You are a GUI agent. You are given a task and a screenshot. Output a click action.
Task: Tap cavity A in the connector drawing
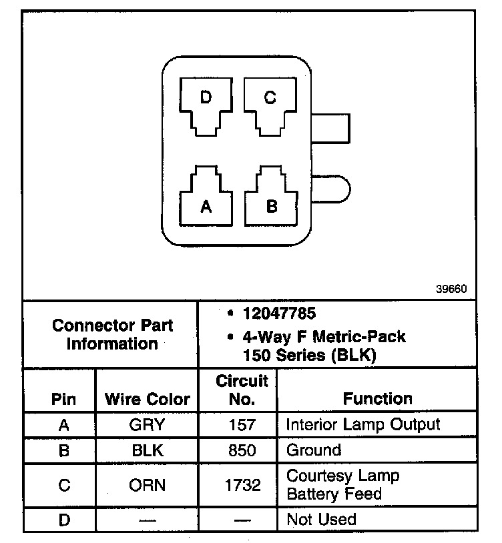pyautogui.click(x=206, y=201)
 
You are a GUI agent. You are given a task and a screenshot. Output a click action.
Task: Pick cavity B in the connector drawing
pyautogui.click(x=271, y=199)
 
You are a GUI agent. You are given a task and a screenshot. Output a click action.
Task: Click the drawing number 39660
pyautogui.click(x=451, y=290)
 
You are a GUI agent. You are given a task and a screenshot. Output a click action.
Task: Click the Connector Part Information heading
pyautogui.click(x=112, y=334)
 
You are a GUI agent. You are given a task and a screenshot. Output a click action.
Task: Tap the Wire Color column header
pyautogui.click(x=148, y=400)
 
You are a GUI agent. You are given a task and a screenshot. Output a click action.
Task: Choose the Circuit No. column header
pyautogui.click(x=242, y=390)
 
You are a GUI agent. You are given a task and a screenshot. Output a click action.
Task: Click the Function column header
pyautogui.click(x=377, y=399)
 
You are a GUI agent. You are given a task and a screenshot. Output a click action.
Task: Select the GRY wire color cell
pyautogui.click(x=147, y=425)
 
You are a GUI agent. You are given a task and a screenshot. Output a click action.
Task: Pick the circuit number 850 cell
pyautogui.click(x=242, y=450)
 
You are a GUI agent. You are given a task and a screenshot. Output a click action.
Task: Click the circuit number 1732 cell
pyautogui.click(x=242, y=485)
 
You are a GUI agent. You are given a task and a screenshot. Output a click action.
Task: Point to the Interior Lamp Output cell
pyautogui.click(x=363, y=424)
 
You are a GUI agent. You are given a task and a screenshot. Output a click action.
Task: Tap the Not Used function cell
pyautogui.click(x=321, y=519)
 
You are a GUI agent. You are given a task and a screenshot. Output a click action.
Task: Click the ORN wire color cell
pyautogui.click(x=147, y=485)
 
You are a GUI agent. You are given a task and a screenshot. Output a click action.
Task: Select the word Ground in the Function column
pyautogui.click(x=314, y=450)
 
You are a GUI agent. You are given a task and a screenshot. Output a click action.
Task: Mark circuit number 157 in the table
pyautogui.click(x=242, y=425)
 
